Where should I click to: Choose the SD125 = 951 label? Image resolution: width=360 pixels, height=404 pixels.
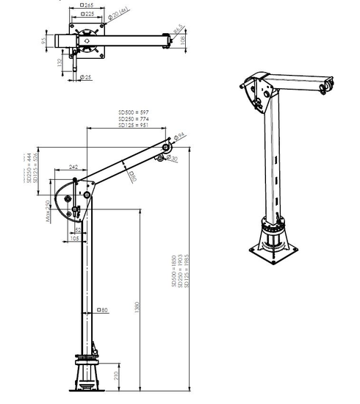[x=135, y=126]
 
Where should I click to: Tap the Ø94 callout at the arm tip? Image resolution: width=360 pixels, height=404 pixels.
[x=179, y=134]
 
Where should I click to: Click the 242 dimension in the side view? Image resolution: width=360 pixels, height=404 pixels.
[x=73, y=167]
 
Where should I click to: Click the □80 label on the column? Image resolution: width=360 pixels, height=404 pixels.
[x=102, y=311]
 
